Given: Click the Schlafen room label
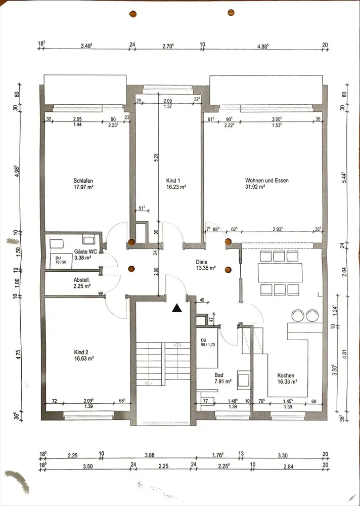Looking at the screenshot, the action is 83,181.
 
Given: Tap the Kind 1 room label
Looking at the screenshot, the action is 172,181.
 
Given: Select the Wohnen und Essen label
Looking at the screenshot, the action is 267,181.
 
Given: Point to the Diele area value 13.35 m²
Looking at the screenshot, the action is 205,268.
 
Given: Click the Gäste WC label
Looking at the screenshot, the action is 83,251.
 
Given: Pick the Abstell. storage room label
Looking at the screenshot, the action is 81,280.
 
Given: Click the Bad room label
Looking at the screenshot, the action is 219,375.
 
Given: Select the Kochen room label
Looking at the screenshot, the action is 286,375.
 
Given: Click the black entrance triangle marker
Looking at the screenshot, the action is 177,308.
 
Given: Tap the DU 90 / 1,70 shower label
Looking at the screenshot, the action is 208,343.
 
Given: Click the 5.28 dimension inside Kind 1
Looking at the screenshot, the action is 156,157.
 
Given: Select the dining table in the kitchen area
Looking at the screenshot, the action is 280,273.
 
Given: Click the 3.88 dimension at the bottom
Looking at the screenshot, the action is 150,455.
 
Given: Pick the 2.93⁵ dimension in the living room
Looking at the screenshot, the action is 278,229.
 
